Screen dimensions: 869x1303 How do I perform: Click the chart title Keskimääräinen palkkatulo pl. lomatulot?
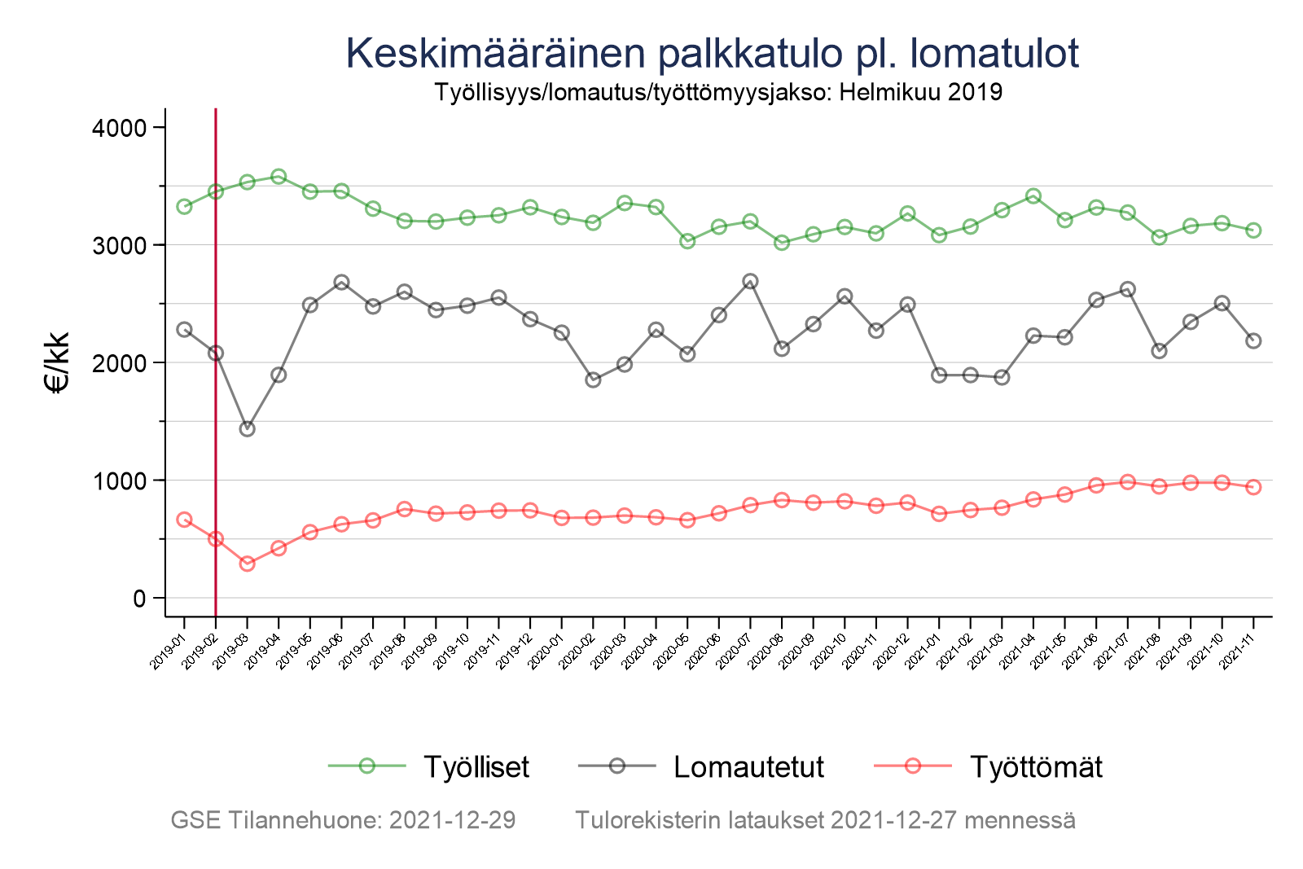713,54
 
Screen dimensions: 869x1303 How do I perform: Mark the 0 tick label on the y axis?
139,599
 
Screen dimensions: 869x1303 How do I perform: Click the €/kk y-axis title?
59,362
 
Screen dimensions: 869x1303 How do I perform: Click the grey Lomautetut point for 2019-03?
247,429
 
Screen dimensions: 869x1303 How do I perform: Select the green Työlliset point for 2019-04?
279,177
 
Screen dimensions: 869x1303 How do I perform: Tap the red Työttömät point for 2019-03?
247,564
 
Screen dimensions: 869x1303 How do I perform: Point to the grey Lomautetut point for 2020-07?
750,282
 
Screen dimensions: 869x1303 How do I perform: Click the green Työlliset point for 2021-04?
1033,196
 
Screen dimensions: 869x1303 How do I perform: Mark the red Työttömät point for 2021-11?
1253,487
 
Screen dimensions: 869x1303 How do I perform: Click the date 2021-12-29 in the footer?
452,820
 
